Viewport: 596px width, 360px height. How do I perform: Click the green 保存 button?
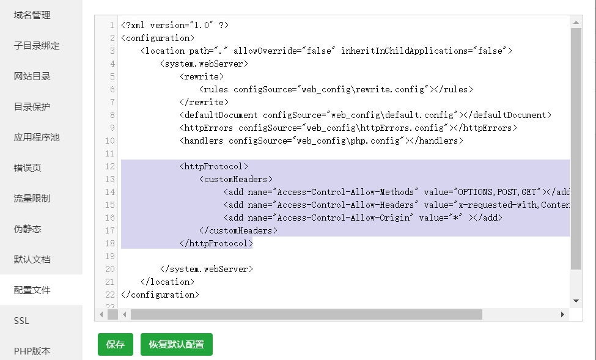115,344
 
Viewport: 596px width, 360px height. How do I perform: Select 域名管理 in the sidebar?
32,15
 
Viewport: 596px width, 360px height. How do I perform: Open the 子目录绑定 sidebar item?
37,46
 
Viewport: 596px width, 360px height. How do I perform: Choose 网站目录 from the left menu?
32,76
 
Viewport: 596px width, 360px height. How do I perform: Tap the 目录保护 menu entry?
32,107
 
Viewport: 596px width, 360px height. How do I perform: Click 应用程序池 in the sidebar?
37,138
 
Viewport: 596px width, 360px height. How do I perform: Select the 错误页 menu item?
28,168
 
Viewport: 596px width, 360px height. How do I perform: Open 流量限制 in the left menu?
32,199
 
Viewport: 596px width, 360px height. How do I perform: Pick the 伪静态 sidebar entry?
28,229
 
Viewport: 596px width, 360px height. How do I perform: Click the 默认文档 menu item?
32,260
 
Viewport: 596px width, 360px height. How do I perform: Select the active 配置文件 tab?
32,290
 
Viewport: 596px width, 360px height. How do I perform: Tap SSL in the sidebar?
21,321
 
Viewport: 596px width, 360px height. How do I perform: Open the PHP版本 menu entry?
32,351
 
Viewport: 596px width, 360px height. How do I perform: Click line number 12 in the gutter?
110,166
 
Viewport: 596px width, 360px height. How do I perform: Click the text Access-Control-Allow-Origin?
346,218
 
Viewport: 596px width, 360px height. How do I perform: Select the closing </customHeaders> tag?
238,230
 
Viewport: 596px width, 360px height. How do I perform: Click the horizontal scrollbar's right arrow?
562,314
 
